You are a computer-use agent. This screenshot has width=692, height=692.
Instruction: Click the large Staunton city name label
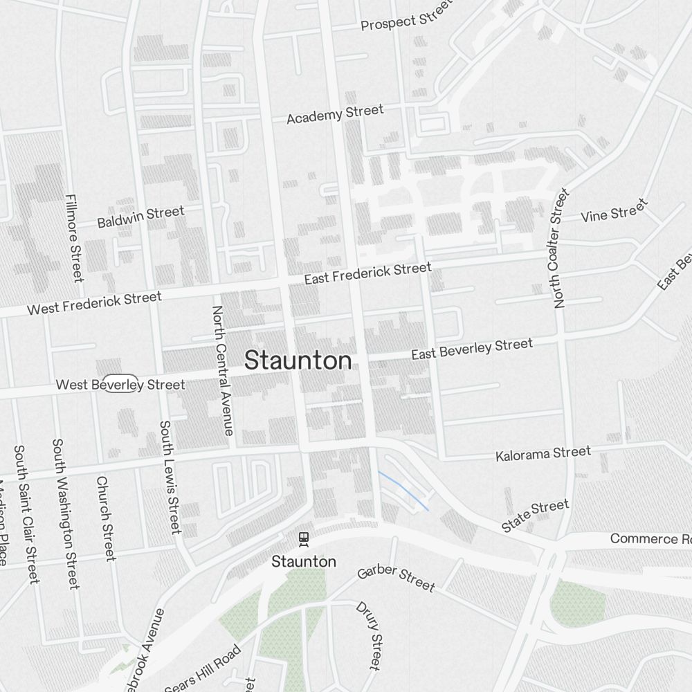click(298, 361)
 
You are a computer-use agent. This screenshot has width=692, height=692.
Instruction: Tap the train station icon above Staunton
click(303, 538)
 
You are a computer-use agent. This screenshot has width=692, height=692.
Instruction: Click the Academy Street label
click(335, 114)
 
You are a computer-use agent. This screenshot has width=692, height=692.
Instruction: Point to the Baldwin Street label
click(140, 217)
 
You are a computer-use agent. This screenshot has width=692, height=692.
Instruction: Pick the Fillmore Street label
click(73, 237)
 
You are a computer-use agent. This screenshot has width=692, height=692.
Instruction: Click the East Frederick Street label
click(367, 273)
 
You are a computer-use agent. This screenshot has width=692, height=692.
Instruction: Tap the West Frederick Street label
click(94, 303)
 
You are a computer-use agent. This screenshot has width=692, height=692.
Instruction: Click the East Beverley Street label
click(472, 349)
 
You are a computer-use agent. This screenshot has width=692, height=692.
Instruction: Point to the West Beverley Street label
click(120, 384)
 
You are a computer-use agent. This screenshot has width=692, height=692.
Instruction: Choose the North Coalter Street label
click(560, 247)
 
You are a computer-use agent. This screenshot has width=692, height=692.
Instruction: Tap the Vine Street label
click(614, 210)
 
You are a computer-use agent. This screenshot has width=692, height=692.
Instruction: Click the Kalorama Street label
click(543, 454)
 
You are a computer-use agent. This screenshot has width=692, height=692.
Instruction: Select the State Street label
click(535, 516)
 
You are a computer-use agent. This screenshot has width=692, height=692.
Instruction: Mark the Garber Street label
click(396, 579)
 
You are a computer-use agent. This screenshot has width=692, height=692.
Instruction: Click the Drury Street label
click(368, 635)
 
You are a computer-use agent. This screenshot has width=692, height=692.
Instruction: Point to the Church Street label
click(105, 518)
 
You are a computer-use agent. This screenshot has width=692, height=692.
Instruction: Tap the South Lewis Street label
click(170, 477)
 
